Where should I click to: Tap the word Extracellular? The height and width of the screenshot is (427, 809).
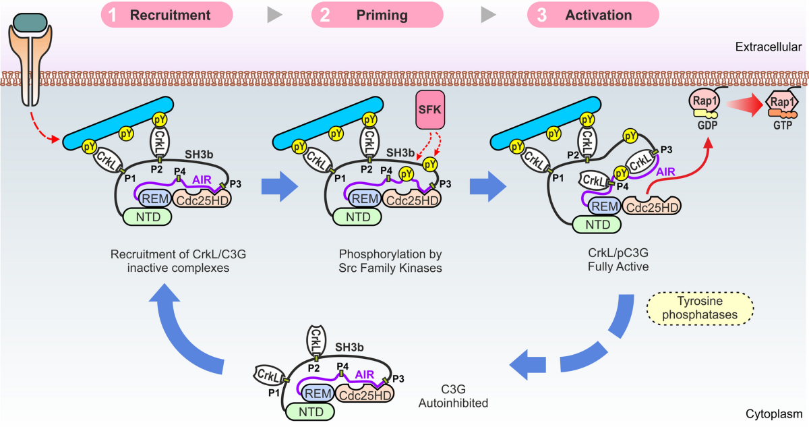coord(768,47)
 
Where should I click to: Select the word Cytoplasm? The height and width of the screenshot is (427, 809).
coord(773,414)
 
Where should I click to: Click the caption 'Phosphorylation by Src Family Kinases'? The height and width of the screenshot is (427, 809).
coord(381,261)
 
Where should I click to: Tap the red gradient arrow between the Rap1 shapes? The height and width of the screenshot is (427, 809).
coord(742,103)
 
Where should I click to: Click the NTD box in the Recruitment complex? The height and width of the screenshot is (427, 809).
coord(147,217)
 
